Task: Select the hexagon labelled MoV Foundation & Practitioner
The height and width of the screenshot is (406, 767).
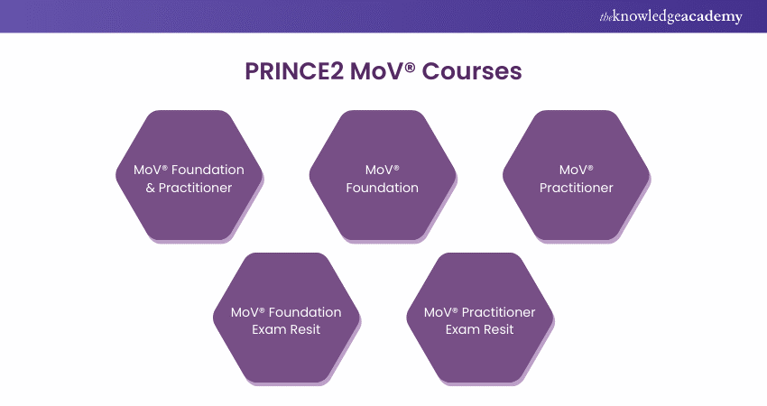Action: pyautogui.click(x=189, y=176)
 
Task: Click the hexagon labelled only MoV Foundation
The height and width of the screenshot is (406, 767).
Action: pyautogui.click(x=383, y=176)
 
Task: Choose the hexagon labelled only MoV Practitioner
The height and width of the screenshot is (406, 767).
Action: pyautogui.click(x=576, y=176)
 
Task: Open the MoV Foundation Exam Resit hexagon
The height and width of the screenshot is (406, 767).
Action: pyautogui.click(x=286, y=318)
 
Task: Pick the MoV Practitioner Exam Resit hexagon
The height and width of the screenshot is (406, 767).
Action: pyautogui.click(x=479, y=318)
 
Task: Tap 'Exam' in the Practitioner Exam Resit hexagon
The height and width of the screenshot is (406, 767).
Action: pyautogui.click(x=461, y=329)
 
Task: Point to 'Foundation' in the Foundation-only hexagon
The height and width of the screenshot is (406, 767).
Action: pyautogui.click(x=383, y=188)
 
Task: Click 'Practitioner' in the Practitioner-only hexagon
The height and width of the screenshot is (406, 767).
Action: pyautogui.click(x=576, y=188)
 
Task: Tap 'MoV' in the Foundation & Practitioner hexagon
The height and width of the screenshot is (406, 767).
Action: pyautogui.click(x=147, y=170)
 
